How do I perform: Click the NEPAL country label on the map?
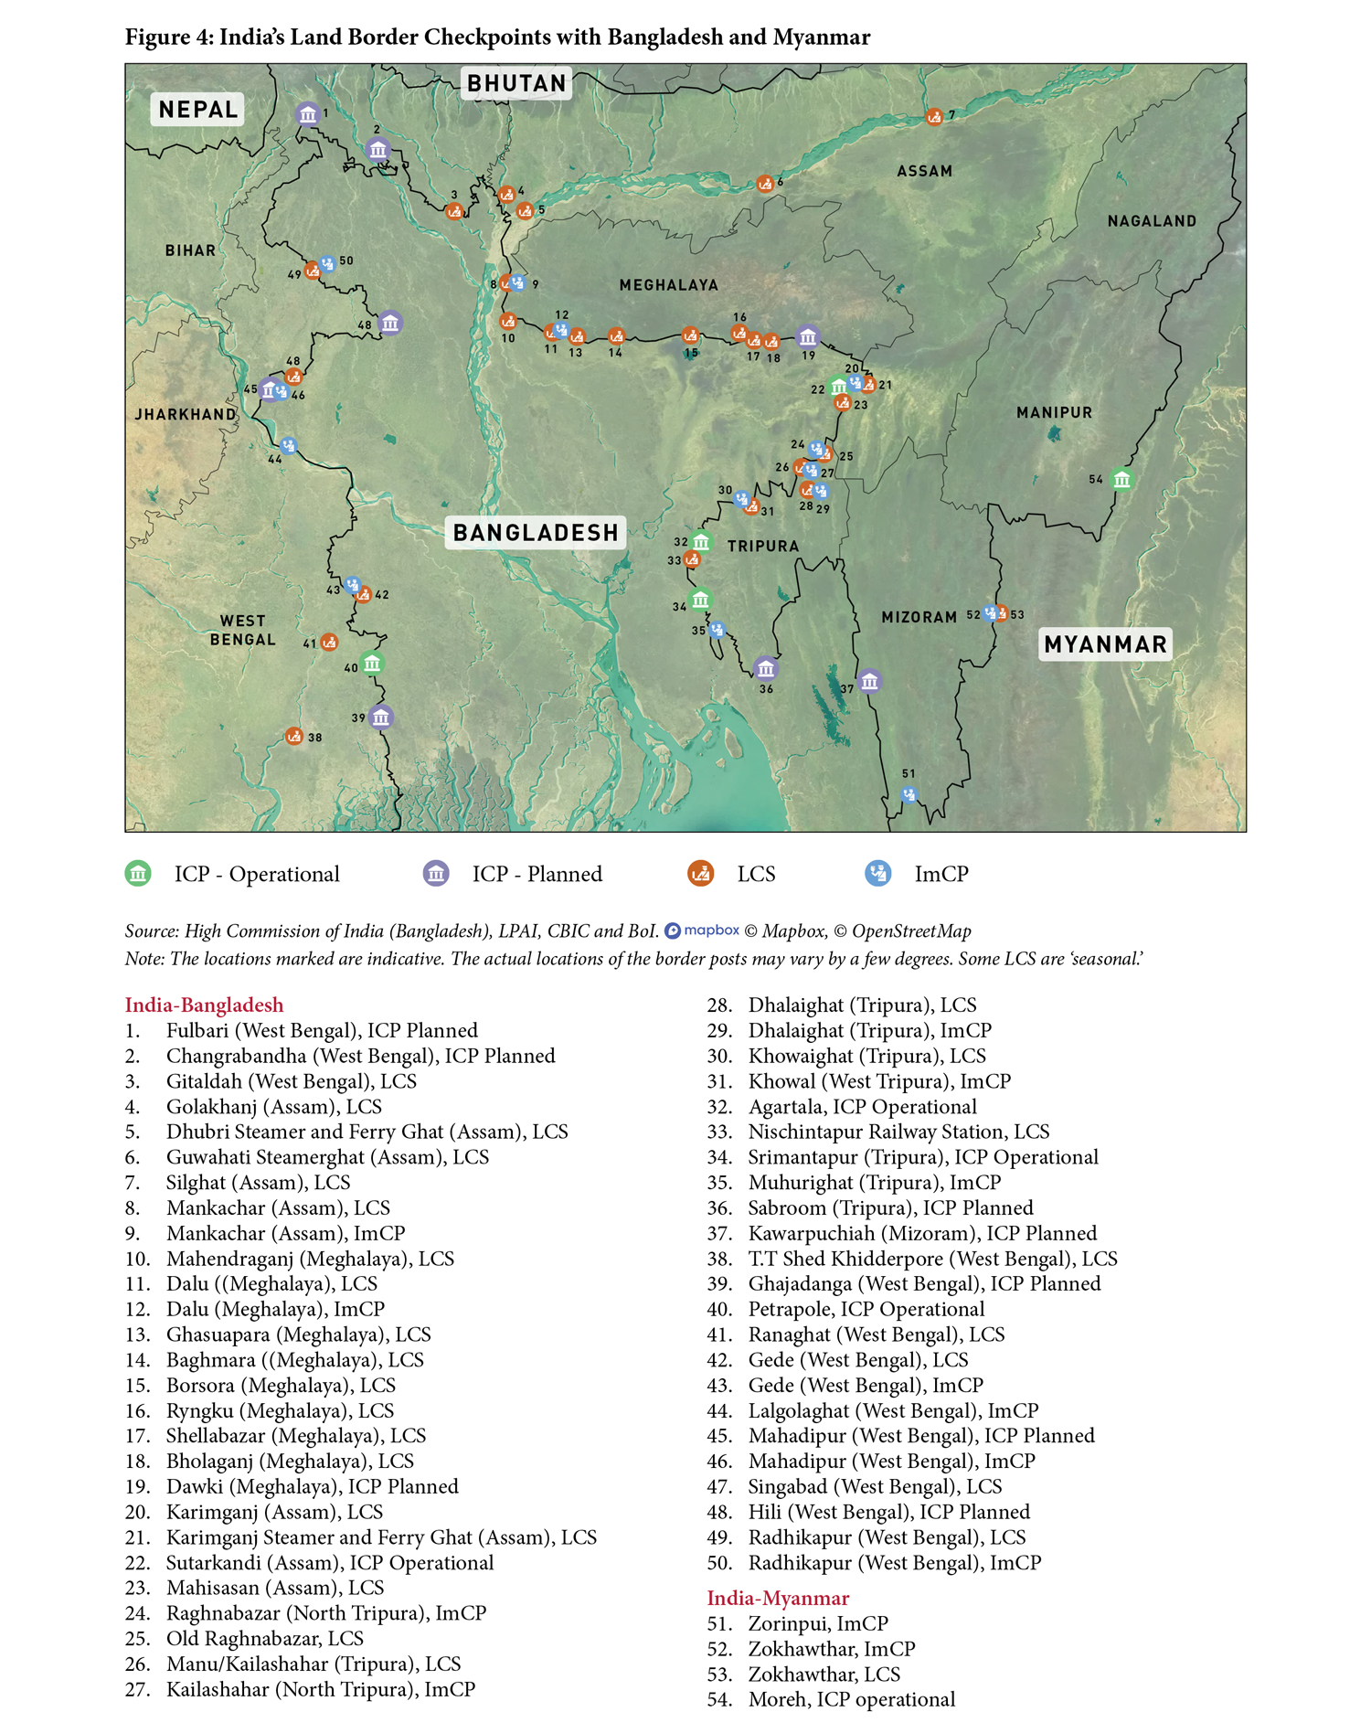point(197,110)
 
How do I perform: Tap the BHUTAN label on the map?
point(516,83)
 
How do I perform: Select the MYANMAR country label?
point(1105,644)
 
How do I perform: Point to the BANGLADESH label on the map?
point(536,533)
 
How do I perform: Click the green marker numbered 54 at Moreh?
point(1121,479)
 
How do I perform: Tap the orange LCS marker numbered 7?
point(934,117)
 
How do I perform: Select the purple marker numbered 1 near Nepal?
point(308,114)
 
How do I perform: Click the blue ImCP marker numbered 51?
point(909,794)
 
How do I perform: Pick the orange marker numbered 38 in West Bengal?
point(293,736)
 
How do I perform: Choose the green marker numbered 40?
point(371,663)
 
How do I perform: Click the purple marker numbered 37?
point(869,681)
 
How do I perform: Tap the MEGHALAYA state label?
point(668,285)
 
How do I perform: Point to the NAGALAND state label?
point(1151,221)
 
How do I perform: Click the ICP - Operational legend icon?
point(138,874)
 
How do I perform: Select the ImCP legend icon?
point(878,874)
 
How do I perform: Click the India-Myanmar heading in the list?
point(778,1598)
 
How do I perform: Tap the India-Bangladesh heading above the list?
point(204,1005)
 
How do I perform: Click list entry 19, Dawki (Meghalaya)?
point(311,1486)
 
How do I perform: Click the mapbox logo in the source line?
point(702,930)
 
